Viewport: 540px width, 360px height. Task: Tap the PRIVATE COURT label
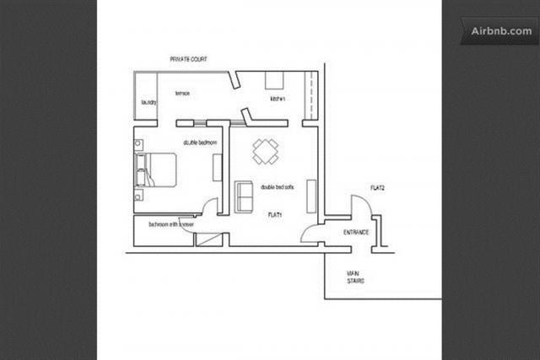pos(188,60)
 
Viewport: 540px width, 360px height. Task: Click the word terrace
pos(182,93)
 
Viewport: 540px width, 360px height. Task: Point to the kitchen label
pos(278,99)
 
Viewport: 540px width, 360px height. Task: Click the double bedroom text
pos(201,143)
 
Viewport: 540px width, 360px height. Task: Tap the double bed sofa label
pos(278,187)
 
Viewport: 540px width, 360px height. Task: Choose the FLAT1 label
pos(275,216)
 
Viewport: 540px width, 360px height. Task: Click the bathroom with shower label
pos(171,225)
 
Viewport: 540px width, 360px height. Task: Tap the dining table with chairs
pos(265,151)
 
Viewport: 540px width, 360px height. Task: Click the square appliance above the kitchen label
pos(277,80)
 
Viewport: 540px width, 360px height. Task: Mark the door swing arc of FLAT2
pos(360,205)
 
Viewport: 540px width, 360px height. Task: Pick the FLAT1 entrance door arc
pos(312,237)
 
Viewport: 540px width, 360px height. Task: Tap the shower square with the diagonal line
pos(207,239)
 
